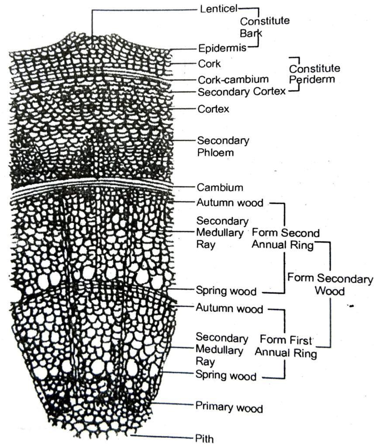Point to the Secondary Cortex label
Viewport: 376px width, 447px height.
[x=241, y=92]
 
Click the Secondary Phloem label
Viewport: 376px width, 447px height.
[x=223, y=147]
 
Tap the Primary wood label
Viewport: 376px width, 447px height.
[x=229, y=408]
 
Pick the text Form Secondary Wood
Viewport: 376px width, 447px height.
[x=330, y=284]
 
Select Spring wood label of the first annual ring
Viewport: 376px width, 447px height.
[x=226, y=375]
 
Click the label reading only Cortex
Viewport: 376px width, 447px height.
[x=213, y=109]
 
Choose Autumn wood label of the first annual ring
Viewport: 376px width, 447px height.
[x=229, y=309]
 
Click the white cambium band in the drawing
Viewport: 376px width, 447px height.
[x=92, y=188]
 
